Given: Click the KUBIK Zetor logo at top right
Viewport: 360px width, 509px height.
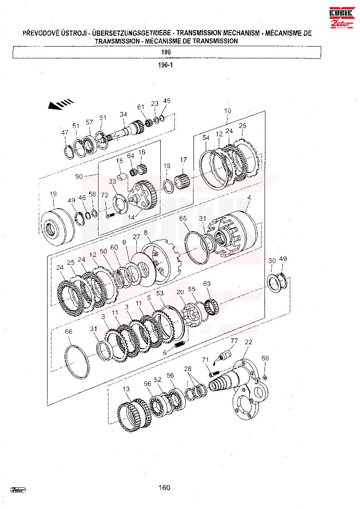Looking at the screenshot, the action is point(342,18).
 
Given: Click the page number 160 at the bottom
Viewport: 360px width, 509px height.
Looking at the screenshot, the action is point(164,488).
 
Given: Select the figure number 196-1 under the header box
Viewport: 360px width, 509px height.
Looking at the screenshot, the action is point(165,65).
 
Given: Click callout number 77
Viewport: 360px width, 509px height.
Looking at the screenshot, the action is point(234,341).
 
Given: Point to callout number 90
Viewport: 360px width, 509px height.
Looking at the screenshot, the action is point(79,177).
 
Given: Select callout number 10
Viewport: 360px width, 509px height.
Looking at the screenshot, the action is point(228,111).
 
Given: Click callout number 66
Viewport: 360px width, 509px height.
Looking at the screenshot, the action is point(68,331).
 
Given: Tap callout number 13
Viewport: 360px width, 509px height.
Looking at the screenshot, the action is point(126,389).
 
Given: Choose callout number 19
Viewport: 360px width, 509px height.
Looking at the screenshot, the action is point(53,194).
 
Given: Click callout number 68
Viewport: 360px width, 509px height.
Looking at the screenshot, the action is point(265,358).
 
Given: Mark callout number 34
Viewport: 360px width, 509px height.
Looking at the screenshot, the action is point(123,114).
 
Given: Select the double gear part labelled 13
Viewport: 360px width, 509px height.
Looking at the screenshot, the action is point(134,416).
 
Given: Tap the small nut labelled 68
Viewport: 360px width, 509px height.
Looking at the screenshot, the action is point(265,377).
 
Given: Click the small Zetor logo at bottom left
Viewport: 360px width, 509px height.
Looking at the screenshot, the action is point(18,490).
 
